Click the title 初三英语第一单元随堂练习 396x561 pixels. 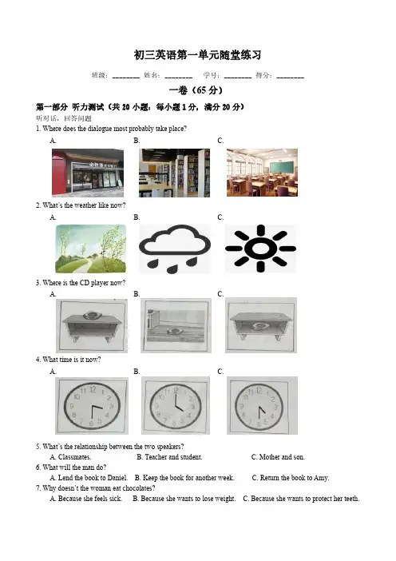[198, 55]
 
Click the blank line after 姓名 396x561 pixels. [178, 78]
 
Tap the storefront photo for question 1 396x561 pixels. [88, 173]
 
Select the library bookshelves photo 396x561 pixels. [174, 173]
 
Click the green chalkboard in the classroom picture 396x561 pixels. [281, 166]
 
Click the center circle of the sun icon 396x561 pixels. [260, 249]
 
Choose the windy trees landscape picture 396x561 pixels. [91, 249]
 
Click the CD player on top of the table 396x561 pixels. [92, 315]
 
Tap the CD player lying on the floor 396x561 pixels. [175, 332]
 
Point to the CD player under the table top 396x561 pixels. [259, 326]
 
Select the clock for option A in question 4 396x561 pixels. [92, 406]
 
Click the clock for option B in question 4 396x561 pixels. [176, 406]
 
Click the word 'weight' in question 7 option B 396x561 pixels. [225, 499]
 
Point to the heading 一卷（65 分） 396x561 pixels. [196, 90]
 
